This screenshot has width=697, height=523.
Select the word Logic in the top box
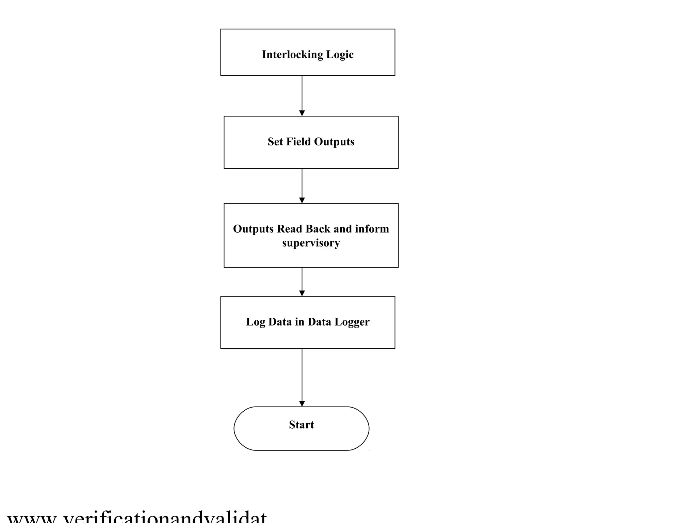(x=340, y=55)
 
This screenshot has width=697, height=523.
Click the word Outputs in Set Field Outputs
(x=334, y=142)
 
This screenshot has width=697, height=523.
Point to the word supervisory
(x=311, y=243)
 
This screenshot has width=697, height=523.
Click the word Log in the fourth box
(x=255, y=322)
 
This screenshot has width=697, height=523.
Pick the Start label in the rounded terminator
(x=301, y=425)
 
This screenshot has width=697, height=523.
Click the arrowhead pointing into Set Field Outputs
(x=302, y=113)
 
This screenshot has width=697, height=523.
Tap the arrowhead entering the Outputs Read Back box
(x=302, y=201)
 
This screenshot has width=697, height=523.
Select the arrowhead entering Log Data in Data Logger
(x=302, y=294)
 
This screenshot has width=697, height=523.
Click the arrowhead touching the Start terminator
(x=302, y=404)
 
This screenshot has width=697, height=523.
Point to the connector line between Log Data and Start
(x=302, y=375)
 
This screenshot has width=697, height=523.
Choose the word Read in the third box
(x=290, y=229)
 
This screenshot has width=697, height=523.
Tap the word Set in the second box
(x=275, y=142)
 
